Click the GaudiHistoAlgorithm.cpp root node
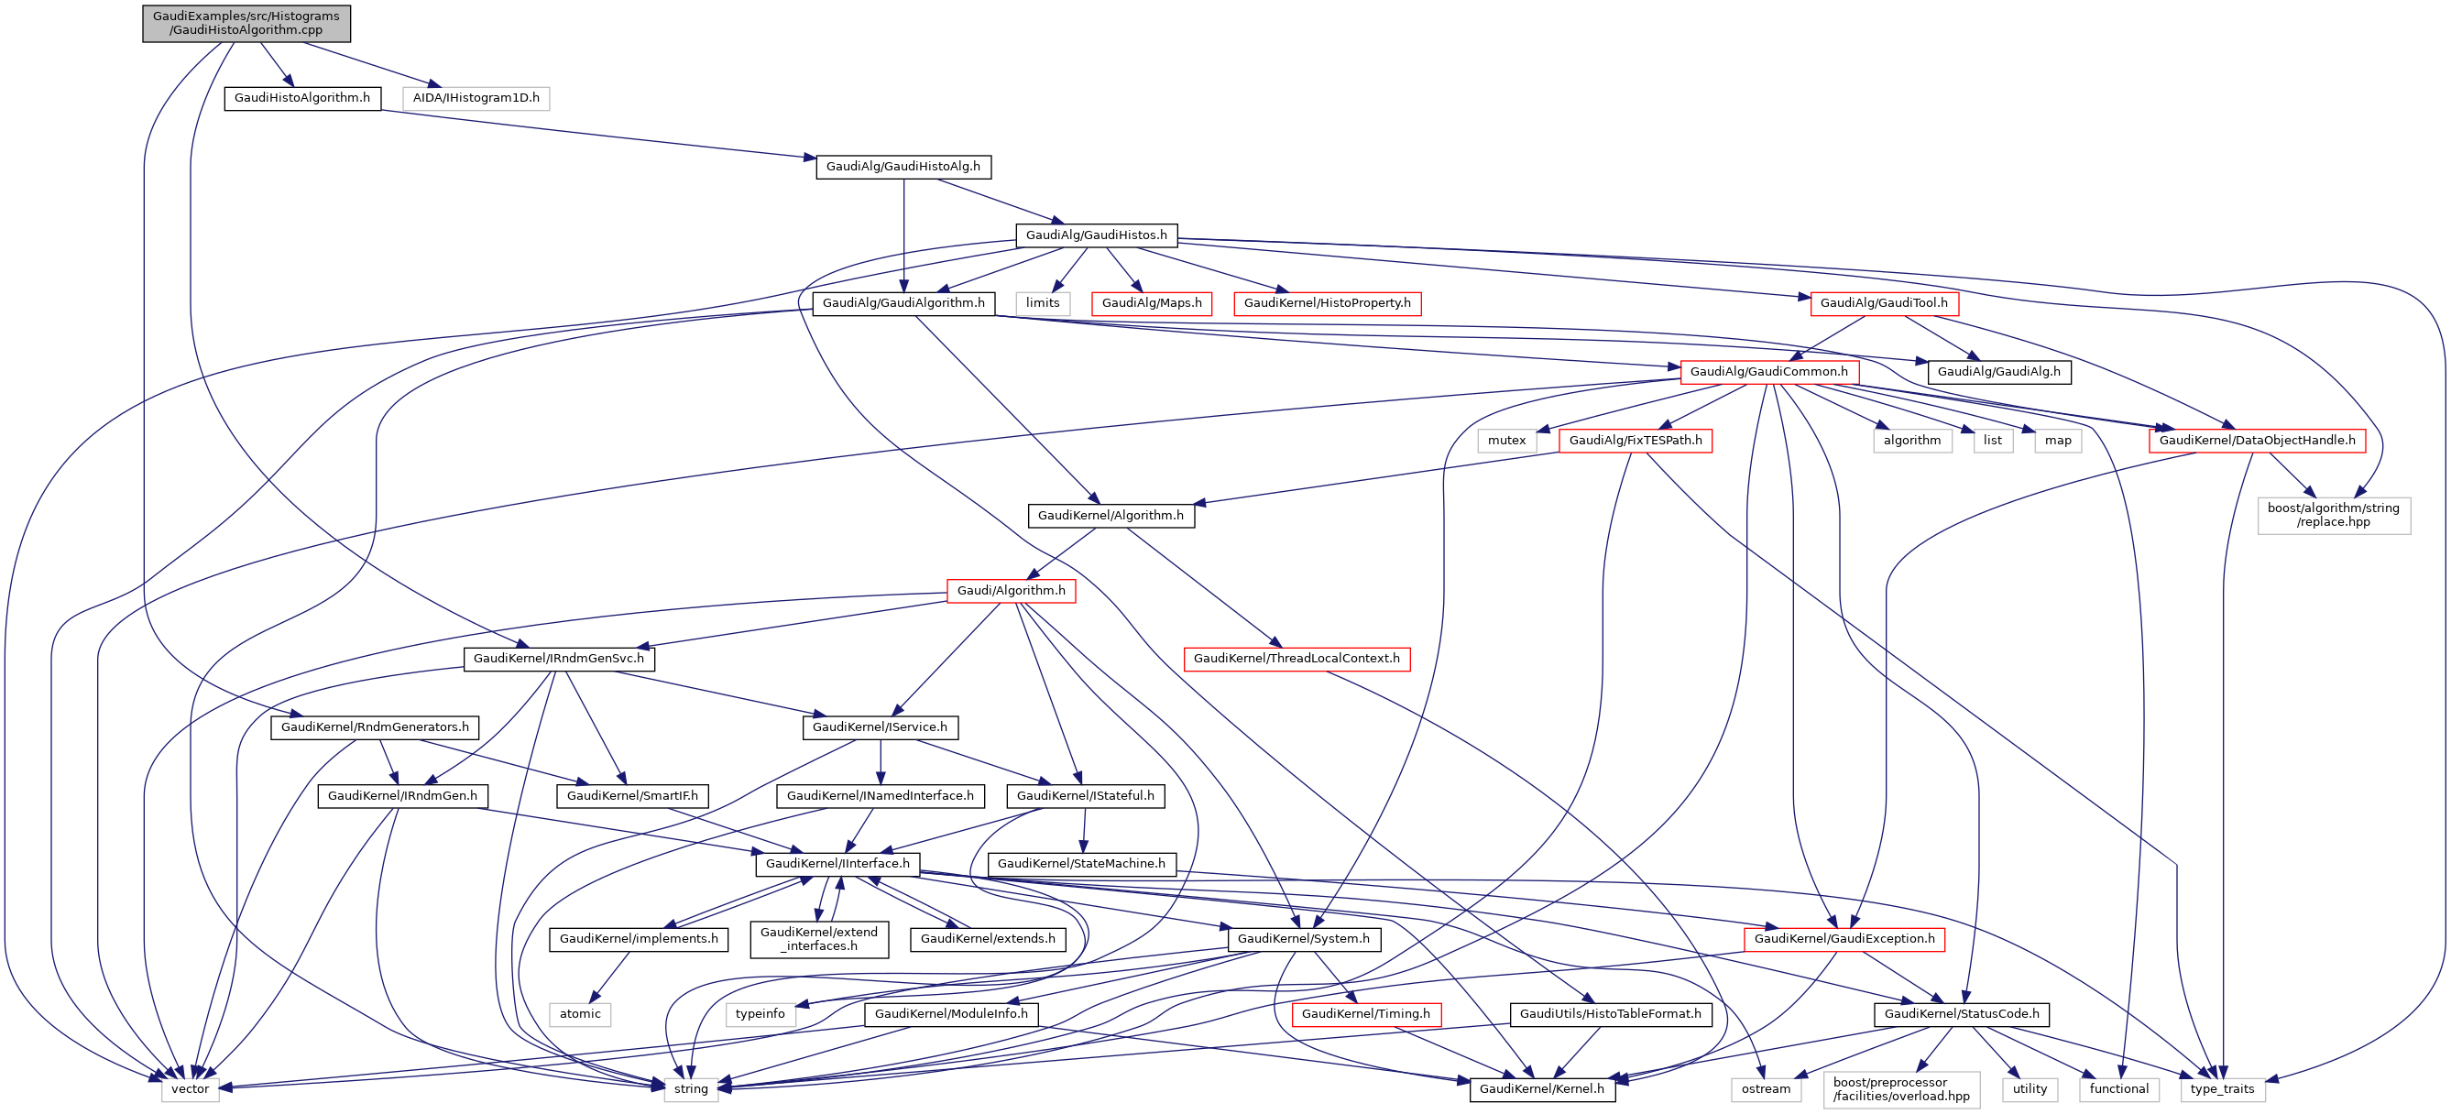click(x=246, y=23)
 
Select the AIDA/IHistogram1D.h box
click(x=476, y=98)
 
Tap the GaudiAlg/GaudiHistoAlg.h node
click(x=903, y=167)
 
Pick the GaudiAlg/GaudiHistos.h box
click(x=1096, y=235)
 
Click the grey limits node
click(x=1043, y=303)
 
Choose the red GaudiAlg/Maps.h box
click(x=1152, y=303)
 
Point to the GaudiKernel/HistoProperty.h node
click(x=1328, y=303)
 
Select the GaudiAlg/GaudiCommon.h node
click(x=1768, y=372)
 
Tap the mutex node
click(x=1506, y=441)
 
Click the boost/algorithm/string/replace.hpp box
click(x=2333, y=515)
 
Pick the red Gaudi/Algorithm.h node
click(x=1012, y=591)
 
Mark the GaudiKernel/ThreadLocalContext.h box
click(x=1296, y=659)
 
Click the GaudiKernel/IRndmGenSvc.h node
click(x=559, y=659)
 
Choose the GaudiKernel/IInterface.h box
click(x=837, y=864)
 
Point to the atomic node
click(x=579, y=1014)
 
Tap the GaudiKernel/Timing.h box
click(x=1365, y=1014)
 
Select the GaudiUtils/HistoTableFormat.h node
click(x=1610, y=1014)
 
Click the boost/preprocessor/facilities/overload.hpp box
click(x=1901, y=1089)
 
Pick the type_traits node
click(x=2222, y=1089)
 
